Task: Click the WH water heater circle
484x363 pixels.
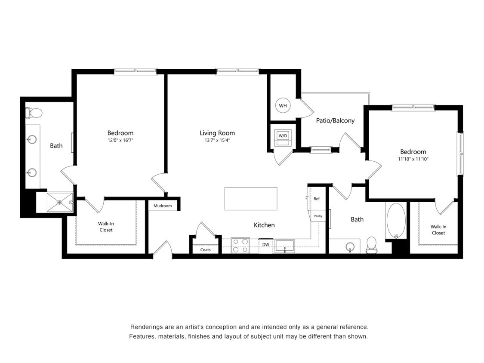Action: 283,105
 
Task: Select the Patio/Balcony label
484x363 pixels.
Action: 335,120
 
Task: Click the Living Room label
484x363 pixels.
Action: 217,133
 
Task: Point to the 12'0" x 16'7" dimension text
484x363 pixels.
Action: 120,140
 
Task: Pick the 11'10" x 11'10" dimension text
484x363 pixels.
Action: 413,159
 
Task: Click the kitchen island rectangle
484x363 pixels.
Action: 251,199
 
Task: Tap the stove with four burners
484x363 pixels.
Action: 240,245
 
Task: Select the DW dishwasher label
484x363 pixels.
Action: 266,245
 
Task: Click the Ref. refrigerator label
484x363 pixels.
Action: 317,199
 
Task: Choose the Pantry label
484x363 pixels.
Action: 318,216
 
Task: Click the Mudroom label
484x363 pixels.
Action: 163,206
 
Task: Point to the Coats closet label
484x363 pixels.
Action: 205,249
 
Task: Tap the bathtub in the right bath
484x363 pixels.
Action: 396,220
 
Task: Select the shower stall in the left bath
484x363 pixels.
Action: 59,202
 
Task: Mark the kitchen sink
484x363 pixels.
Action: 285,246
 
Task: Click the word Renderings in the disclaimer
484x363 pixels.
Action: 146,327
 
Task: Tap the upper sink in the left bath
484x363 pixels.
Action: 32,139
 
